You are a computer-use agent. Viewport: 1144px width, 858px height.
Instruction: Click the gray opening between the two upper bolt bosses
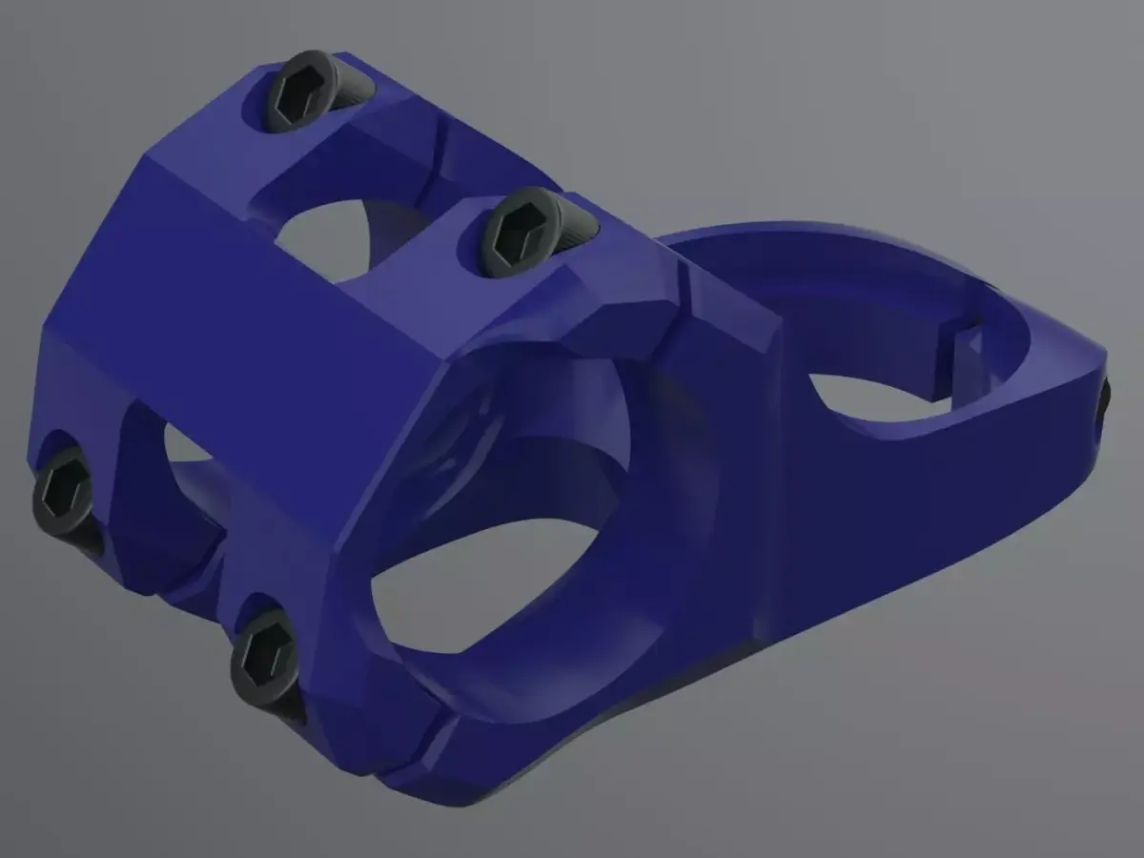pos(324,238)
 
